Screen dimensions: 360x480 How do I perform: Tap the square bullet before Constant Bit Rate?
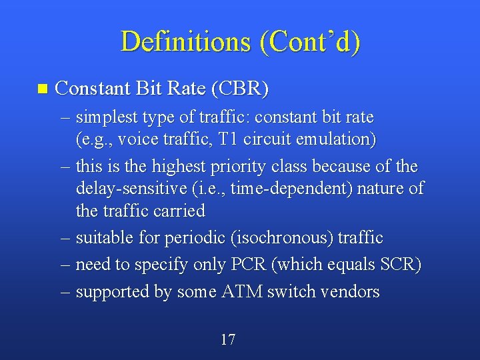43,88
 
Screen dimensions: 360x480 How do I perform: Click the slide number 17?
227,340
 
